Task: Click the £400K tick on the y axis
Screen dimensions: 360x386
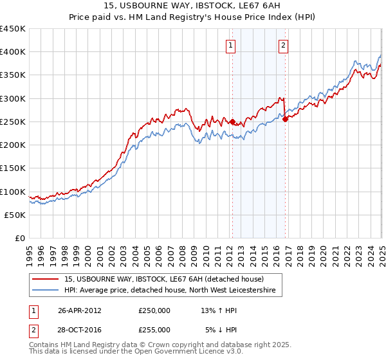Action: click(x=13, y=52)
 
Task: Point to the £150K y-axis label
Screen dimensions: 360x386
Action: click(x=13, y=168)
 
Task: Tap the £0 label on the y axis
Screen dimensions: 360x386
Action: click(x=20, y=239)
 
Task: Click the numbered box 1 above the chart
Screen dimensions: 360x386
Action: click(x=231, y=45)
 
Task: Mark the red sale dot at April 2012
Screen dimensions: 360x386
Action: click(x=232, y=122)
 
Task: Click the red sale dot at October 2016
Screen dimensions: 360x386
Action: click(x=285, y=120)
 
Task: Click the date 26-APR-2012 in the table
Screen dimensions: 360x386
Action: click(x=79, y=310)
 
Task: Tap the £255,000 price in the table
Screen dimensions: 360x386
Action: click(x=154, y=330)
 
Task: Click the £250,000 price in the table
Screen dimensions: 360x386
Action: click(x=154, y=310)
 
